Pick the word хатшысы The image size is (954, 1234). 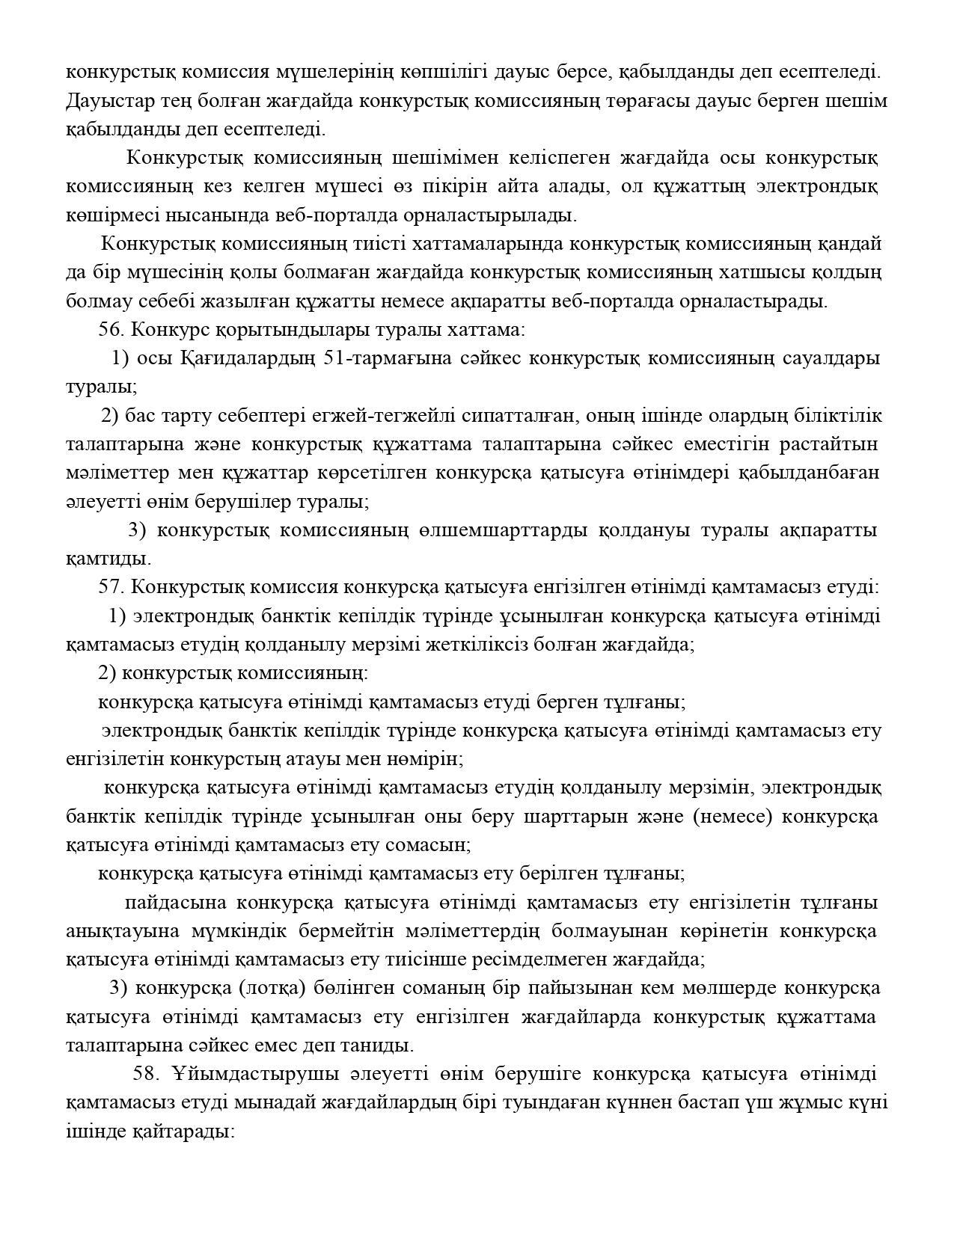(751, 272)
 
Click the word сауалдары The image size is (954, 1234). (830, 358)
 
